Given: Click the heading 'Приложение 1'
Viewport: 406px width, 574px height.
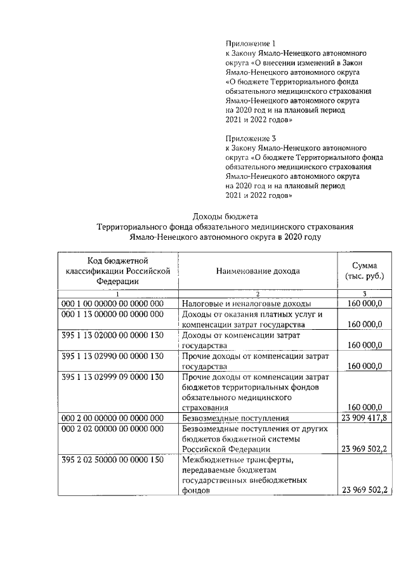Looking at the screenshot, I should [x=251, y=43].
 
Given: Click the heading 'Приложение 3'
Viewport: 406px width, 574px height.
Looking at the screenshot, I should [x=251, y=138].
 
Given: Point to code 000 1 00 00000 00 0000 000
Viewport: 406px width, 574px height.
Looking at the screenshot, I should [x=112, y=303].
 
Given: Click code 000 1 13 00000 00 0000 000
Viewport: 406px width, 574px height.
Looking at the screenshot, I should [x=112, y=315].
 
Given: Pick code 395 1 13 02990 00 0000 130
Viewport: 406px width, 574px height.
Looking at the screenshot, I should [x=112, y=356].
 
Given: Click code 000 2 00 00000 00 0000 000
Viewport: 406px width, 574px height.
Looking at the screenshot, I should [x=112, y=418].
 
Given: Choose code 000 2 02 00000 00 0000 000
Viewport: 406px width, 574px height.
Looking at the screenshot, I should [x=112, y=429].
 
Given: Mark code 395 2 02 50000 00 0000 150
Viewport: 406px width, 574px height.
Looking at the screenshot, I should [x=112, y=460].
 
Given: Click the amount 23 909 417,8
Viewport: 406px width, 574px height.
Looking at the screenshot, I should [x=364, y=418].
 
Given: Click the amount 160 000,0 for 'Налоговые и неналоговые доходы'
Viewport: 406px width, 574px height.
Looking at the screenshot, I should [x=365, y=303].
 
